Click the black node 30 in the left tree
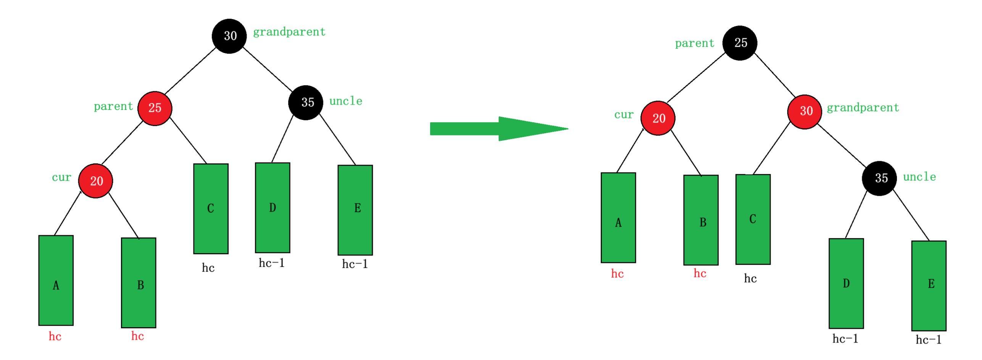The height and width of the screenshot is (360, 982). point(229,36)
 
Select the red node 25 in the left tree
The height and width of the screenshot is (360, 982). point(155,108)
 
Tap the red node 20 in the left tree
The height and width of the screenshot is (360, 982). point(95,181)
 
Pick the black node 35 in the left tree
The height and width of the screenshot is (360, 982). point(306,102)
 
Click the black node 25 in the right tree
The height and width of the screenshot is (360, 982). point(739,43)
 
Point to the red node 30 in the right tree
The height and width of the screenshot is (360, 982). point(804,111)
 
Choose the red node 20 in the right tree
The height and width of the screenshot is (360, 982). point(658,118)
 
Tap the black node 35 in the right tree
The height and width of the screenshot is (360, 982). point(879,178)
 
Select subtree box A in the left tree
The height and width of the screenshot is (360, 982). point(56,280)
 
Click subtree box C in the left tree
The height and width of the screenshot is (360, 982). point(211,208)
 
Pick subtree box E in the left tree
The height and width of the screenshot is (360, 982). point(355,210)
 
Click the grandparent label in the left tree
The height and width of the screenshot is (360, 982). point(289,32)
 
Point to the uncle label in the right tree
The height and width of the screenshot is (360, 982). point(919,177)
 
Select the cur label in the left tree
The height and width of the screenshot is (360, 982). point(61,177)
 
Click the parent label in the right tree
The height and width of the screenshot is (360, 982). point(694,44)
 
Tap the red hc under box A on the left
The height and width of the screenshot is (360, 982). point(55,336)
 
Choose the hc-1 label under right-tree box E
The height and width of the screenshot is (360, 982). point(928,339)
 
